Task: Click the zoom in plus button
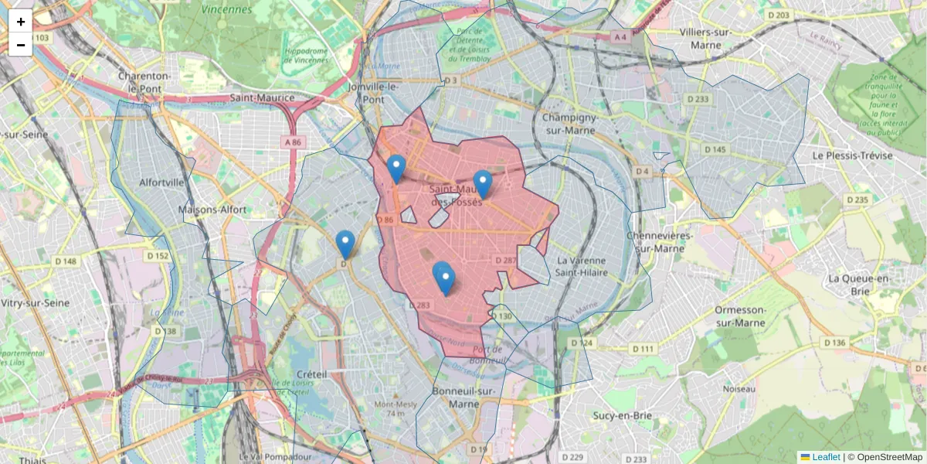pos(21,22)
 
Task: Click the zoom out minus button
pos(21,45)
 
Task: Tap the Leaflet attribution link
pos(826,457)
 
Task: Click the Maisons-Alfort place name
pos(212,210)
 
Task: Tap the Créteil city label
pos(312,374)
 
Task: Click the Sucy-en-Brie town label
pos(622,415)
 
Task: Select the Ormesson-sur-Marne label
pos(740,316)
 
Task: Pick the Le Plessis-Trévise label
pos(852,155)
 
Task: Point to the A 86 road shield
pos(293,142)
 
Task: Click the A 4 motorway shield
pos(619,36)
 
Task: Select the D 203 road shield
pos(778,15)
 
